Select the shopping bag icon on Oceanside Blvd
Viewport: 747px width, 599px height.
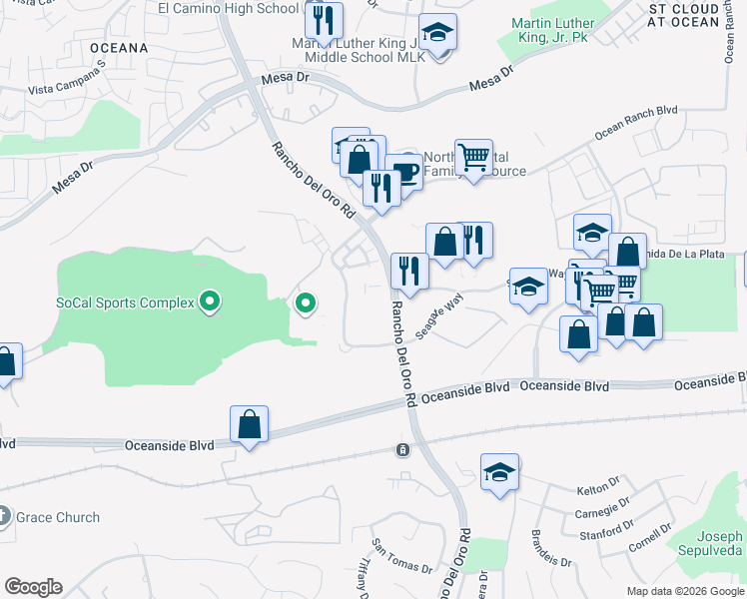[249, 424]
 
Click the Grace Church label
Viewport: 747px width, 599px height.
[58, 517]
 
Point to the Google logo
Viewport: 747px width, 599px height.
[32, 587]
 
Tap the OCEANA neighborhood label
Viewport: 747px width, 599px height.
[118, 47]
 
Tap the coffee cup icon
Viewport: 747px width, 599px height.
[404, 173]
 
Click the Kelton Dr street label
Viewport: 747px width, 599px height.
[600, 490]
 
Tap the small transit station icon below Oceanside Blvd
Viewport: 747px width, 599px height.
[402, 450]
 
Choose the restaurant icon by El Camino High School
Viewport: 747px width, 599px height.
[324, 20]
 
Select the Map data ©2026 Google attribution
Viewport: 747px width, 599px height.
[686, 591]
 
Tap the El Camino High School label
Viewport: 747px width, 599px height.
[228, 8]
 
